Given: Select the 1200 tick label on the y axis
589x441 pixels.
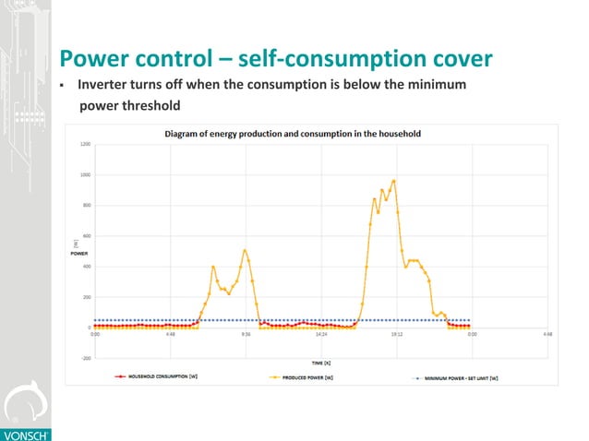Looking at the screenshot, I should tap(85, 144).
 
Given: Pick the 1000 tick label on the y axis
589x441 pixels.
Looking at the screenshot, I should tap(85, 174).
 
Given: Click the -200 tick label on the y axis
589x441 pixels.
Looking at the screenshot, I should tap(85, 358).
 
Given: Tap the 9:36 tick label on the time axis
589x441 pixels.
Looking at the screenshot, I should tap(246, 336).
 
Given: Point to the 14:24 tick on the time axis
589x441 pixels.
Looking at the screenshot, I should tap(321, 336).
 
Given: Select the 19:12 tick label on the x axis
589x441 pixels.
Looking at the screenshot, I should tap(396, 336).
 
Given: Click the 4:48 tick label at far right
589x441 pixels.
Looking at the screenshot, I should tap(547, 336).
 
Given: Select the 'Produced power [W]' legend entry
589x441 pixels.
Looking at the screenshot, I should tap(315, 376).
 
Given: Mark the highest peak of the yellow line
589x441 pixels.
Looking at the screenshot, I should tap(394, 181).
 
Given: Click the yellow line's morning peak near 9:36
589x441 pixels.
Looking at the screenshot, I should tap(245, 250).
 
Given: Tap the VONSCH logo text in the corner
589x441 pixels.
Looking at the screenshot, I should tap(20, 433).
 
